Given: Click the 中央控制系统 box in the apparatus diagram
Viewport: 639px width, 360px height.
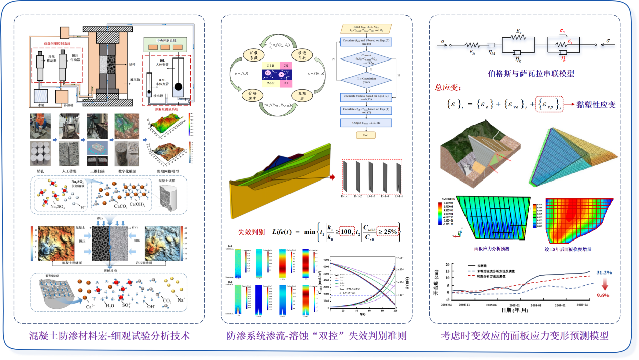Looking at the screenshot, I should tap(169, 39).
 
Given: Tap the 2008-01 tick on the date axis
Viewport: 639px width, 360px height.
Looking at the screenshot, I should tap(515, 305).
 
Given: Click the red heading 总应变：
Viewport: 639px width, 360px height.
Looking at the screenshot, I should tap(448, 87).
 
